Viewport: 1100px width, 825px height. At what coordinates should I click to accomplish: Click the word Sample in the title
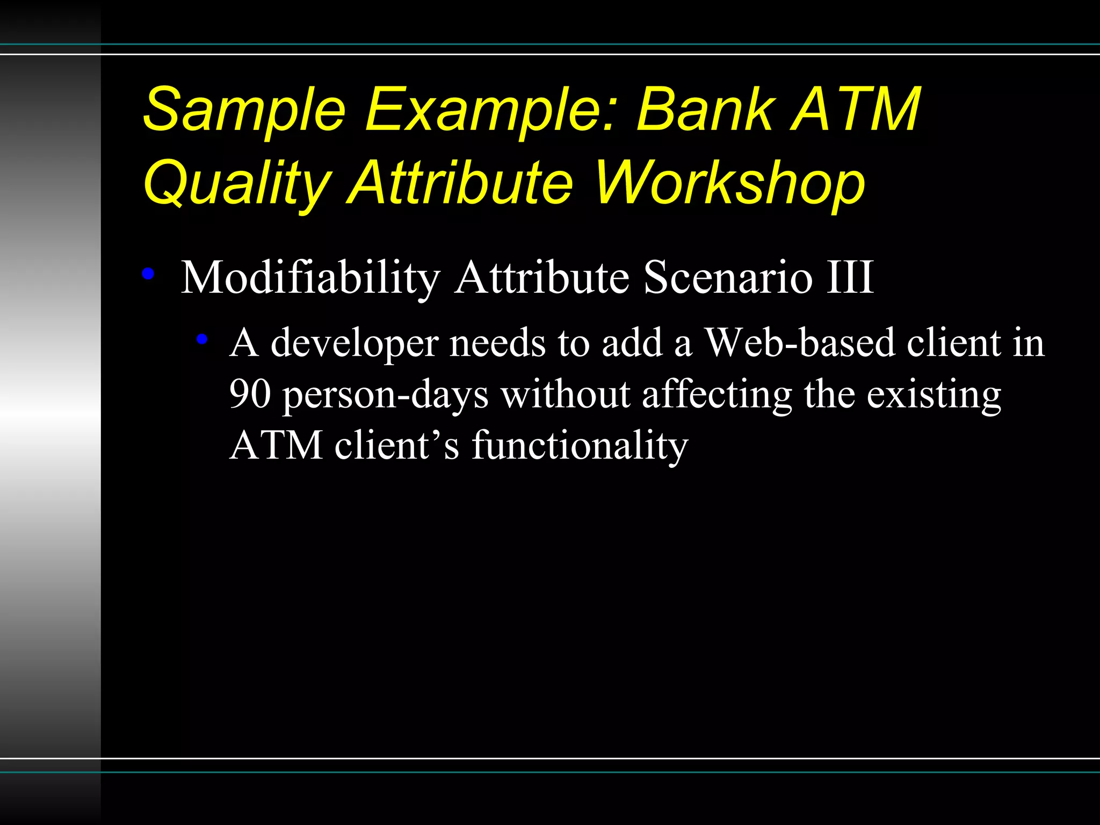coord(244,110)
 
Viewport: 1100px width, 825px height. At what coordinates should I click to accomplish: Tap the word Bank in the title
coord(706,110)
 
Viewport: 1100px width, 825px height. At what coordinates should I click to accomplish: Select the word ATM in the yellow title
coord(856,110)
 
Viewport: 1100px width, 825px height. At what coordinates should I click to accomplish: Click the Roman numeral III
coord(850,278)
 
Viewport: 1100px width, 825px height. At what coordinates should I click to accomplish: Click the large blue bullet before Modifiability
coord(148,274)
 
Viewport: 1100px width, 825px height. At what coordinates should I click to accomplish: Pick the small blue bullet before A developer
coord(202,339)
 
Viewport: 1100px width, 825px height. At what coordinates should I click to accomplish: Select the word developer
coord(354,344)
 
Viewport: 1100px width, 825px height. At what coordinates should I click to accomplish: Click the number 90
coord(250,394)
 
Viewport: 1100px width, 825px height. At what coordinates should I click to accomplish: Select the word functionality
coord(580,446)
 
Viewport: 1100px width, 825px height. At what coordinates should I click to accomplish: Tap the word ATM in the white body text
coord(276,446)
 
